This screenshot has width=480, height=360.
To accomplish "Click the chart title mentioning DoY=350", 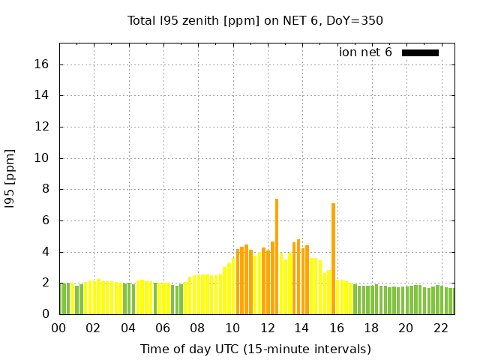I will tap(255, 20).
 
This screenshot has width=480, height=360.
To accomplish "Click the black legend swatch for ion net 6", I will tap(420, 52).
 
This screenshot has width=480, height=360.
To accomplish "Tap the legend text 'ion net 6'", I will tap(365, 52).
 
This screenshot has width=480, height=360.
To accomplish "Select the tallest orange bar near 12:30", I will tap(277, 255).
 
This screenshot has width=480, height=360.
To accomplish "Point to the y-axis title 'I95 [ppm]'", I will tap(10, 178).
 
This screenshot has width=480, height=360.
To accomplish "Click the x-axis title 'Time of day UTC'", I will tap(255, 349).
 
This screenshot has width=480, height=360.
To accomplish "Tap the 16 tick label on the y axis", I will tap(43, 64).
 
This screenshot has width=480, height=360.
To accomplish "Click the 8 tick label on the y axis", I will tap(46, 189).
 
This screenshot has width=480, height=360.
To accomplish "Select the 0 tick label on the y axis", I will tap(46, 314).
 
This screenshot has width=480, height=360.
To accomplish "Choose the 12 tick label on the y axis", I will tap(43, 127).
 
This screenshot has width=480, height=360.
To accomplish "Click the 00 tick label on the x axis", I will tap(58, 328).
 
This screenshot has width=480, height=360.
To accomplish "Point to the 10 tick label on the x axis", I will tap(232, 328).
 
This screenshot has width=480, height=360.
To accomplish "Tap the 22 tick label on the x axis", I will tap(441, 328).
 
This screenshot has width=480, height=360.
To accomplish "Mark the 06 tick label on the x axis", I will tap(163, 328).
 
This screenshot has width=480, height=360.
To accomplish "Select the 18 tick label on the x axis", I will tap(371, 328).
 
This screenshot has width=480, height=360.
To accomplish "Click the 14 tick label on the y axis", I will tap(43, 95).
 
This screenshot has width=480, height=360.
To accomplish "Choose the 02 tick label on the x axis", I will tap(93, 328).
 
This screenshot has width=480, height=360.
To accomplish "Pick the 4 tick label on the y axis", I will tap(46, 252).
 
